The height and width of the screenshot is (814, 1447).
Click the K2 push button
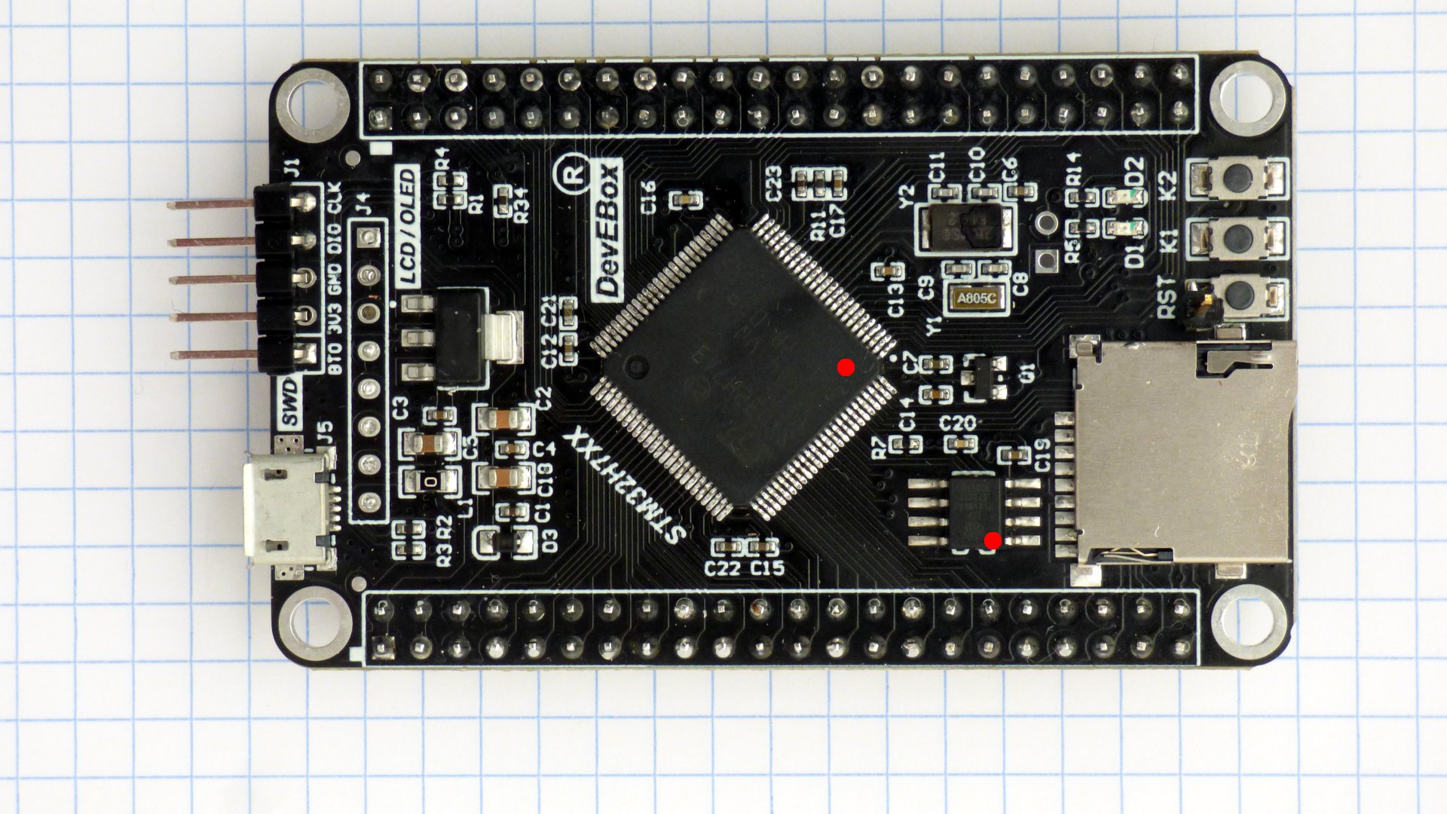click(x=1237, y=178)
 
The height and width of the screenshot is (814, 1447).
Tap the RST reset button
click(x=1237, y=296)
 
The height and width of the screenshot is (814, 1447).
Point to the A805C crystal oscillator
click(x=977, y=298)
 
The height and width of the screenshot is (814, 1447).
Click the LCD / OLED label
click(x=408, y=227)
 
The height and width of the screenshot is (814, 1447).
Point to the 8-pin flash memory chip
click(x=975, y=511)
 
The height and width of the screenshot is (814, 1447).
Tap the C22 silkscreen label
click(x=722, y=568)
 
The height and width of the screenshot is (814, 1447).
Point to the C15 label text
click(x=767, y=568)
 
